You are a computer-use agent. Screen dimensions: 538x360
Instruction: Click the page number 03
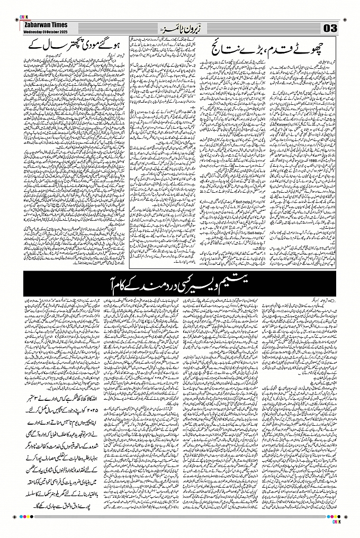click(330, 28)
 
